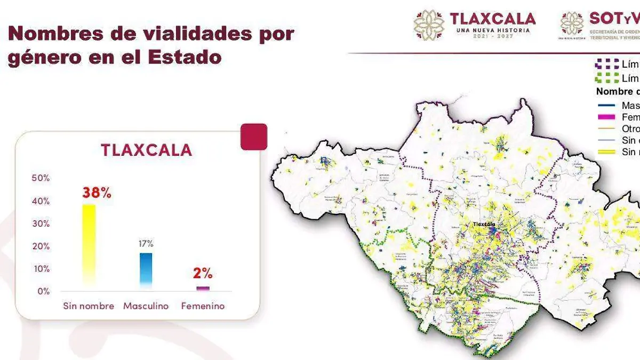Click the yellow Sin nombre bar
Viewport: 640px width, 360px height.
(89, 245)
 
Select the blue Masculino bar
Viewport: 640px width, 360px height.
(146, 271)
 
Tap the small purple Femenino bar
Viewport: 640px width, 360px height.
(203, 289)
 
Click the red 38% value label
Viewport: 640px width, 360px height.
(97, 193)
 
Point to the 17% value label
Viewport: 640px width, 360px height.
(146, 244)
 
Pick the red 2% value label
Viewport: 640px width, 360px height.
(203, 274)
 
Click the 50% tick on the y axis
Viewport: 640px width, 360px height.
(41, 178)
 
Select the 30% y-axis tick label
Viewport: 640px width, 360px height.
(41, 223)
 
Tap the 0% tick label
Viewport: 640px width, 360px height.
(43, 291)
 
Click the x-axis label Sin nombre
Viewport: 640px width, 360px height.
(89, 306)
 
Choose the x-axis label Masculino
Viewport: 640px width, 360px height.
(146, 306)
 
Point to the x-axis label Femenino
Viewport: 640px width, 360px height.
(203, 306)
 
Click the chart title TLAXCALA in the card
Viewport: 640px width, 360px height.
(146, 150)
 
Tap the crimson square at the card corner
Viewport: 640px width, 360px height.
(254, 137)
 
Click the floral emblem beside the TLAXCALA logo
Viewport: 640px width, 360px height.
(429, 25)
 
